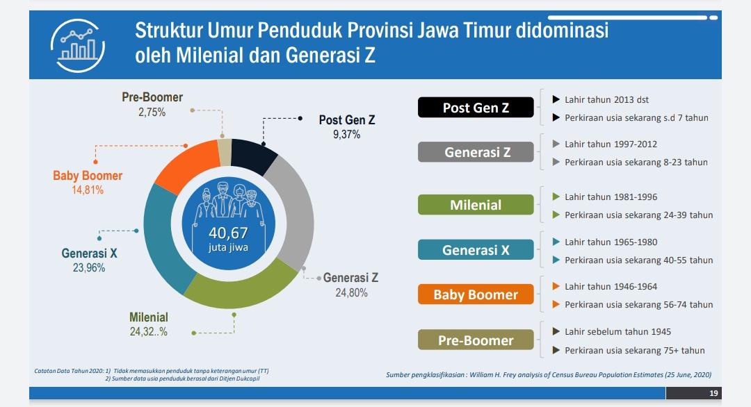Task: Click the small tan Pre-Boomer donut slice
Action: [x=225, y=150]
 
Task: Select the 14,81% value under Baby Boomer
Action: [x=88, y=190]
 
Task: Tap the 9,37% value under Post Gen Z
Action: [x=346, y=135]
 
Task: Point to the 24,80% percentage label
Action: [x=351, y=292]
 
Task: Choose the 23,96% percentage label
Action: [x=89, y=267]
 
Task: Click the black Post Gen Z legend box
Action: [x=476, y=108]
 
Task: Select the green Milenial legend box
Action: [x=476, y=205]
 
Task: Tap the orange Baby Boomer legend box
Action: [x=476, y=294]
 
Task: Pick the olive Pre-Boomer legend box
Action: [x=476, y=340]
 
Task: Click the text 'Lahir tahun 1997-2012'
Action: [x=611, y=144]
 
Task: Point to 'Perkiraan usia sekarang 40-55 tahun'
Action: [x=638, y=260]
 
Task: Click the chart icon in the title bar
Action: [x=77, y=43]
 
